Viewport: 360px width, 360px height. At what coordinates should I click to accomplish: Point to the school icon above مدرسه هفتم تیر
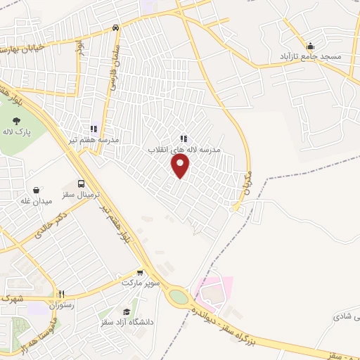(93, 129)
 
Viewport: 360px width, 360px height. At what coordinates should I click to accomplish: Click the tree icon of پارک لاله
(16, 120)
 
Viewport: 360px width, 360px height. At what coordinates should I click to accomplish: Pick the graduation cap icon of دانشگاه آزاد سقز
(127, 312)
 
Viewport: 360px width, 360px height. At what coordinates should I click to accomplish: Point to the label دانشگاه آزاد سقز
(129, 323)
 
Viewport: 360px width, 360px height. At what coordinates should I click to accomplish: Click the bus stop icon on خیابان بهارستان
(115, 28)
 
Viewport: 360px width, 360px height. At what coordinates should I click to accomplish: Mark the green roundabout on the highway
(179, 297)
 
